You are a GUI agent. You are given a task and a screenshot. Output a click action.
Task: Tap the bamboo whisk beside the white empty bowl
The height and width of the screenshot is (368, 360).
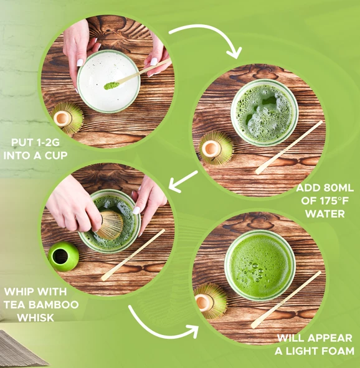[67, 117]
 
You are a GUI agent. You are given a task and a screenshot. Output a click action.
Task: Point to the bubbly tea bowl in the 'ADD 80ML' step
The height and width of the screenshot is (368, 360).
[264, 112]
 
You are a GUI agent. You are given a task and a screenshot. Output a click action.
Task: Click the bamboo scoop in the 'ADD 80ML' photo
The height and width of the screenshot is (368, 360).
[288, 148]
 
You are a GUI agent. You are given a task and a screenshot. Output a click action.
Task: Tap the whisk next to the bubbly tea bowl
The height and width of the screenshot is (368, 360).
[216, 148]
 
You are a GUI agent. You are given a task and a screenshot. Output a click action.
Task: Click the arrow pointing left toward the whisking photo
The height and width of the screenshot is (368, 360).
[185, 180]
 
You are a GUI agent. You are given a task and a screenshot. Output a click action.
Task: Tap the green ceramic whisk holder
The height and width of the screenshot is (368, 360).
[63, 255]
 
